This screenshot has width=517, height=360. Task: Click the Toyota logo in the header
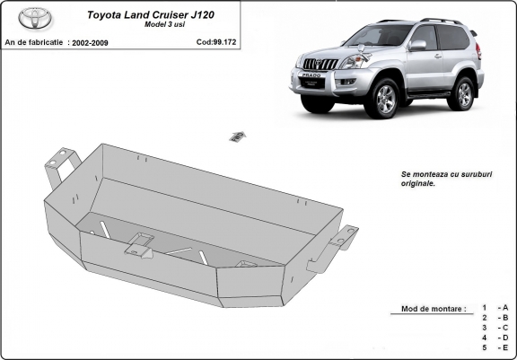pos(35,18)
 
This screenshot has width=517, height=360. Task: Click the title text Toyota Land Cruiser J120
pos(151,15)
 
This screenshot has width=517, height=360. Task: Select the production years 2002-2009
pos(90,43)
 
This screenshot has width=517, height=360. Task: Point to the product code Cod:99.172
pos(216,42)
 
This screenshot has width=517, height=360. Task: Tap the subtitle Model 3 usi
pos(164,24)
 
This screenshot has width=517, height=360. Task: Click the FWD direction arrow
pos(238,136)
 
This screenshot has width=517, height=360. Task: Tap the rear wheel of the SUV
pos(463,94)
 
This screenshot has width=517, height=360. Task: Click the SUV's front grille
pos(320,64)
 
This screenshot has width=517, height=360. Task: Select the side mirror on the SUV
pos(417,45)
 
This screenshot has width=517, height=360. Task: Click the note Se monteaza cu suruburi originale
pos(446,179)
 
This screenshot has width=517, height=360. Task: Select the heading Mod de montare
pos(434,309)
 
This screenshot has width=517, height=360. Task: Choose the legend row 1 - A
pos(495,308)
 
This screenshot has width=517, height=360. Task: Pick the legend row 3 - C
pos(495,328)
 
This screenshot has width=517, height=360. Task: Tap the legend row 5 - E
pos(495,347)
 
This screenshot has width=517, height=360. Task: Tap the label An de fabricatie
pos(33,42)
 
